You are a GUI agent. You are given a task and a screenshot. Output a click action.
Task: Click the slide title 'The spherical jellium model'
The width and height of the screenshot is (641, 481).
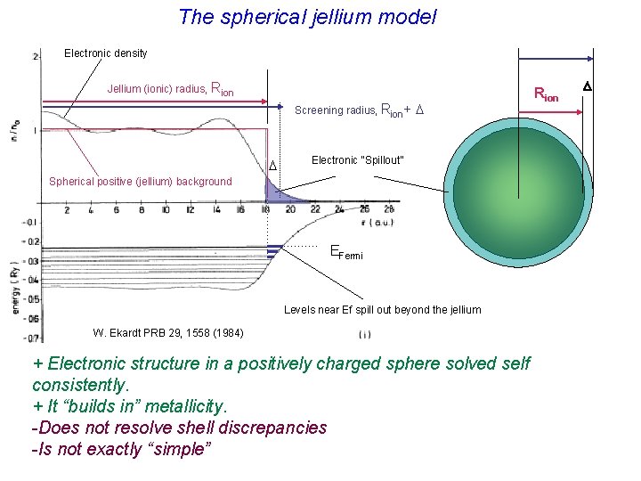(307, 17)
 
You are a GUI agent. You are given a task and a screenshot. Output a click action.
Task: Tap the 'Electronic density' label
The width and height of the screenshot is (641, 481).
(106, 53)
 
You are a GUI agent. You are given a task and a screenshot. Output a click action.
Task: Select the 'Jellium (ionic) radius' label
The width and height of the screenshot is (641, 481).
(170, 89)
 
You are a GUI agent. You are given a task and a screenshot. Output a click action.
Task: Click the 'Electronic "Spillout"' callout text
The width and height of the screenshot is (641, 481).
(357, 160)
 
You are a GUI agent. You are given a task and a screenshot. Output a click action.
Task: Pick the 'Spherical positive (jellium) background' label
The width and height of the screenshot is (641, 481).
(140, 182)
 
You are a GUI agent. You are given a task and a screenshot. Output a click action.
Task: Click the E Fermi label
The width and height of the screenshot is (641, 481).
(346, 252)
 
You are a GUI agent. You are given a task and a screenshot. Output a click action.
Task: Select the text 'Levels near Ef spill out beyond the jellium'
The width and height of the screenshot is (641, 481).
(382, 310)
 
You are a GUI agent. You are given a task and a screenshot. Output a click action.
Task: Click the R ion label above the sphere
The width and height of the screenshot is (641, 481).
(545, 94)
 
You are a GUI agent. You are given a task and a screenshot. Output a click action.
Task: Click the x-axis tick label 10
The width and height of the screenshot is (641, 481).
(166, 210)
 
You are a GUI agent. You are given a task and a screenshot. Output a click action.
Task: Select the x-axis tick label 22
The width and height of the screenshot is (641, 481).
(314, 210)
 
